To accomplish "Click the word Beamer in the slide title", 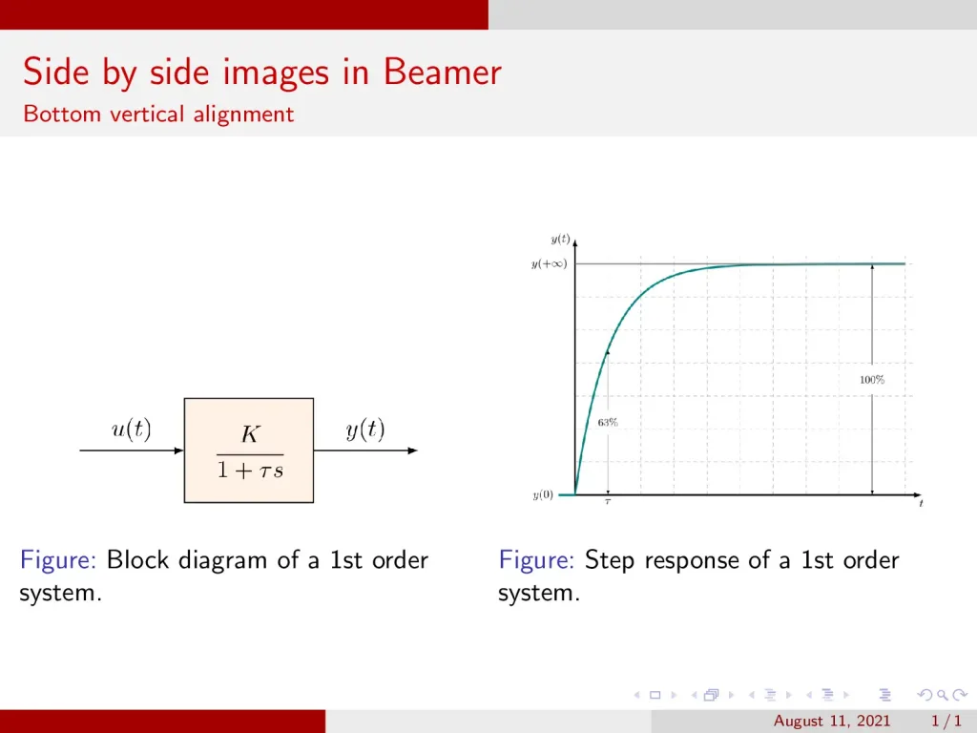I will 443,73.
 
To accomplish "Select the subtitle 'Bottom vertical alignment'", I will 158,115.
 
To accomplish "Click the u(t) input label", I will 131,430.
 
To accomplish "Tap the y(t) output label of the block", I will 365,430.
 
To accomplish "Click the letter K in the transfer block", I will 249,435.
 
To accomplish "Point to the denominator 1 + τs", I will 249,470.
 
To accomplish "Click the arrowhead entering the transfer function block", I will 178,450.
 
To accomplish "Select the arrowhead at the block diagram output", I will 412,450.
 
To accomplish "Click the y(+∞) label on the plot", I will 549,263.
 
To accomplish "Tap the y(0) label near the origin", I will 542,494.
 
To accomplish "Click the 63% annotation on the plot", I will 608,421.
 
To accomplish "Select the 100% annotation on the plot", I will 872,380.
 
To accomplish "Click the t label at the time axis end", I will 921,504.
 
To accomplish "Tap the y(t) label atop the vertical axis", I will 560,239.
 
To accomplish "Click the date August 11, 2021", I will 832,721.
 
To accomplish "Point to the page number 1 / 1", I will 945,721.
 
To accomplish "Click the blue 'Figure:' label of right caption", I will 536,560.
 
